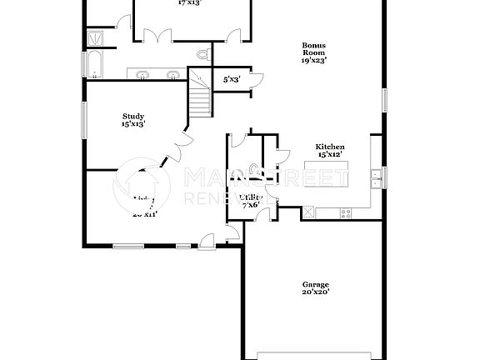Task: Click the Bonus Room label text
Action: (x=313, y=52)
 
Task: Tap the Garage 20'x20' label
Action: (x=315, y=288)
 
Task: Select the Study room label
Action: (x=133, y=120)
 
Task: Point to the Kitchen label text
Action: (x=329, y=150)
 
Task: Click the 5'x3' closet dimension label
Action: (x=232, y=80)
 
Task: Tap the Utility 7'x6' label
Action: (x=250, y=200)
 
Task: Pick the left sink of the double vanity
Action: (x=143, y=76)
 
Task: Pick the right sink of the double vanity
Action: (x=172, y=76)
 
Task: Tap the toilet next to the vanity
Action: (x=202, y=55)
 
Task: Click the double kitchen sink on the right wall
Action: (x=377, y=175)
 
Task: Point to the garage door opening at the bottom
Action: (x=314, y=350)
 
